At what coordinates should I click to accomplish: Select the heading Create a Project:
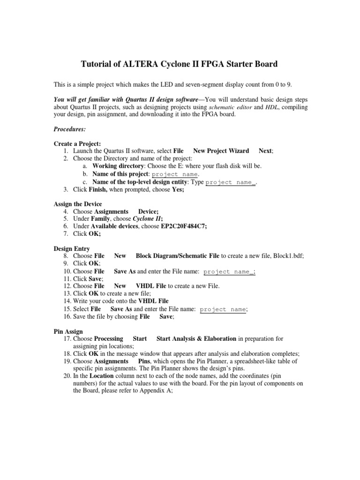pos(77,144)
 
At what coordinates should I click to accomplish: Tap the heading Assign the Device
pos(78,204)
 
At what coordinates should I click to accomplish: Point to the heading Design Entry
pos(72,248)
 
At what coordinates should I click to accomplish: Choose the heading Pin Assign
pos(68,331)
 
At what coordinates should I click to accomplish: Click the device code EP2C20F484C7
pos(184,226)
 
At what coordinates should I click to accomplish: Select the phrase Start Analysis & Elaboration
pos(196,338)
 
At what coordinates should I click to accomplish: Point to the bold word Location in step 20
pos(101,376)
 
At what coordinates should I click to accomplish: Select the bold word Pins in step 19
pos(144,361)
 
